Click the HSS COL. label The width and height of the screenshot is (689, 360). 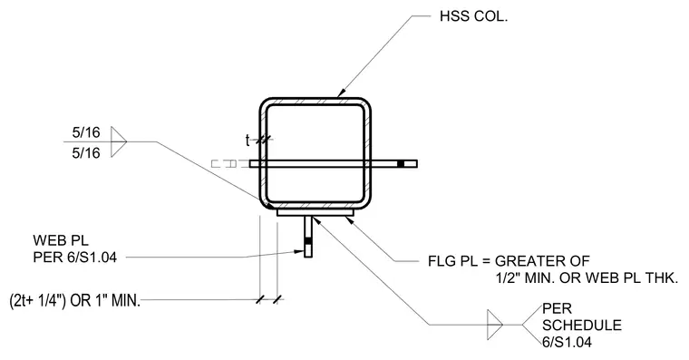[473, 16]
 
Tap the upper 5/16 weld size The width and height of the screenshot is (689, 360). [86, 132]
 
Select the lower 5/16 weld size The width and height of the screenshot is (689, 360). [86, 153]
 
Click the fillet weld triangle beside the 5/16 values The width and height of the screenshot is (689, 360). [119, 141]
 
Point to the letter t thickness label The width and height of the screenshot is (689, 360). [247, 141]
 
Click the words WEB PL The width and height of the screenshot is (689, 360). [61, 240]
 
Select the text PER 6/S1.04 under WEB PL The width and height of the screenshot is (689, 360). [75, 257]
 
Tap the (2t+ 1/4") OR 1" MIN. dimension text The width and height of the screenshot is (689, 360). [74, 301]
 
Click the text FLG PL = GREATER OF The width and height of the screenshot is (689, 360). [509, 261]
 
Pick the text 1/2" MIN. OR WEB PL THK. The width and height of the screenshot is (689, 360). [587, 277]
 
